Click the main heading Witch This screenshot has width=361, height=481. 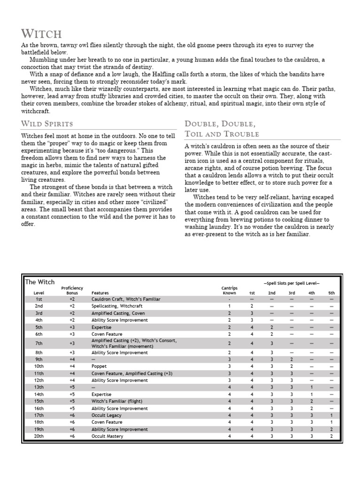[41, 34]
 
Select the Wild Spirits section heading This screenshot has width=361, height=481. [47, 124]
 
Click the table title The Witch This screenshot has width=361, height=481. [40, 282]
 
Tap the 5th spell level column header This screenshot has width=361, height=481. [331, 293]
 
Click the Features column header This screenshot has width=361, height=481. [100, 293]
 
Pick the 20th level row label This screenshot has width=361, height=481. [39, 436]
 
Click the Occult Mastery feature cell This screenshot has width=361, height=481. [107, 436]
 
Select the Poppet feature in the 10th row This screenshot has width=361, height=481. [99, 366]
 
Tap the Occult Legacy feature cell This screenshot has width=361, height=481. [106, 415]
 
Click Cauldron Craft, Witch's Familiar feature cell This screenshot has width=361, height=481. [126, 299]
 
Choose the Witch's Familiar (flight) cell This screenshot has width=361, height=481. [115, 401]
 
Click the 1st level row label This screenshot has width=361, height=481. [39, 299]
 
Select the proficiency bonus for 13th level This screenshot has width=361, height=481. [72, 387]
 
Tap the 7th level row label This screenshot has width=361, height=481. [39, 343]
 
